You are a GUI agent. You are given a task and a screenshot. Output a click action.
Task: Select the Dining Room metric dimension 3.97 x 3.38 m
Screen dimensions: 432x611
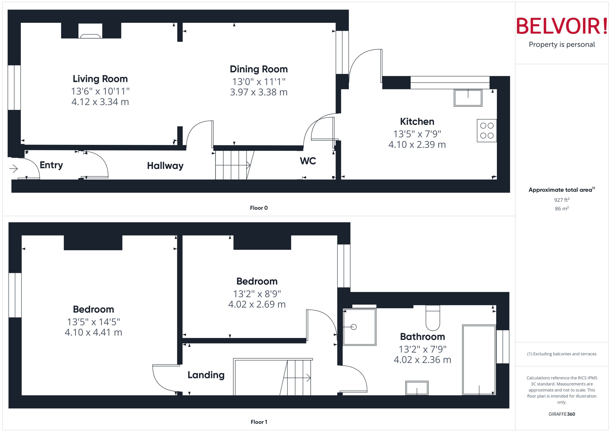click(259, 92)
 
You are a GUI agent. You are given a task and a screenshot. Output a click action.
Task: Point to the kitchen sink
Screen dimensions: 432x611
click(468, 98)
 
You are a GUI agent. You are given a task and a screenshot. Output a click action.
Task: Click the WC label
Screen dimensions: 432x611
click(308, 161)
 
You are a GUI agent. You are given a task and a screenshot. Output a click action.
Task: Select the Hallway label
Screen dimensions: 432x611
click(165, 166)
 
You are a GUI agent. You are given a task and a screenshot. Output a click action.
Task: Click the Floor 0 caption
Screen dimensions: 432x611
click(259, 208)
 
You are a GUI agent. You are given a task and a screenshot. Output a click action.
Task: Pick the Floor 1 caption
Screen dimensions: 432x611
click(259, 422)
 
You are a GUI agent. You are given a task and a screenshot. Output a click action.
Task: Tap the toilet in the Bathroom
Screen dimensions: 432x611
click(433, 319)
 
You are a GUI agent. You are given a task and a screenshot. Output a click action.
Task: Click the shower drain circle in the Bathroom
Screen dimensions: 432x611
click(354, 327)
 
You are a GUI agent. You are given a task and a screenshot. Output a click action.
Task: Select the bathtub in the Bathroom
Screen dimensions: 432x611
click(479, 360)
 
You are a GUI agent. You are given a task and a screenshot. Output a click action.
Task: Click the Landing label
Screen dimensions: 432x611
click(206, 375)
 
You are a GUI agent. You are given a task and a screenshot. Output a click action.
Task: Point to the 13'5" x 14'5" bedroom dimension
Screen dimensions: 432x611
click(93, 322)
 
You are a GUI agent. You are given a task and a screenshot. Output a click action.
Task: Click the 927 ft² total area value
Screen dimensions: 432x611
click(561, 200)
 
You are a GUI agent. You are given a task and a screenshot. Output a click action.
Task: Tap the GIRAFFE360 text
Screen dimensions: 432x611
click(561, 414)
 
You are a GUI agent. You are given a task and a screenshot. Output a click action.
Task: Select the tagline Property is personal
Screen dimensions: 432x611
click(561, 44)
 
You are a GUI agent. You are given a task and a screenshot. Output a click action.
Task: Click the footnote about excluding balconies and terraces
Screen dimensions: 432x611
click(561, 354)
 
